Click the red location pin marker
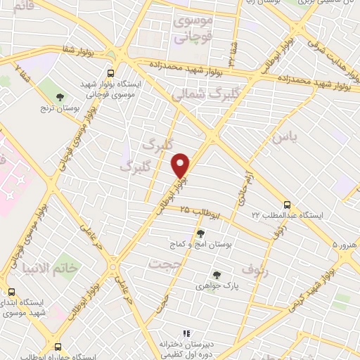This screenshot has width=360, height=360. (x=181, y=166)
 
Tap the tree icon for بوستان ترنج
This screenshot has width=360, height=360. (x=60, y=96)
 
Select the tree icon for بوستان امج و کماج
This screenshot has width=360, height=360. (x=201, y=233)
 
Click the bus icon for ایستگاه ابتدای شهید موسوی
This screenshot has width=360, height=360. (x=11, y=291)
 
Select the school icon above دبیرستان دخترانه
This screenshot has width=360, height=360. (x=186, y=333)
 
